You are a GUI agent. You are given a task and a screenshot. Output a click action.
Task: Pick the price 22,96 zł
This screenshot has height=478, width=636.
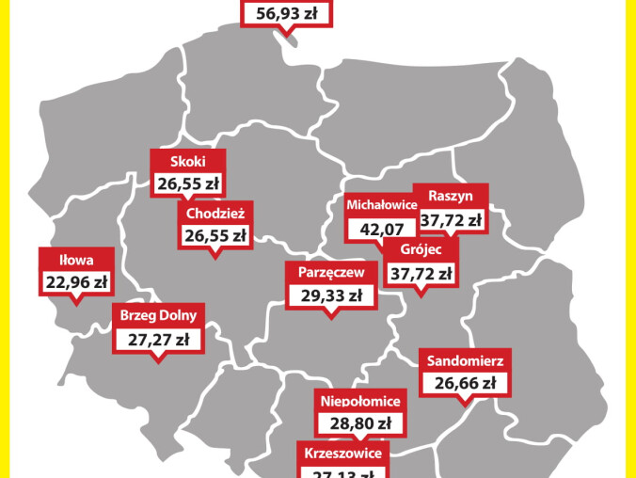click(x=76, y=280)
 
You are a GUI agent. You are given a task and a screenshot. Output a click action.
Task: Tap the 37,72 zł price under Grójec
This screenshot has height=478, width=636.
click(x=420, y=274)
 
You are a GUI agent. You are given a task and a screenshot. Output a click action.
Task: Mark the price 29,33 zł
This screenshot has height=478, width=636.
click(x=329, y=295)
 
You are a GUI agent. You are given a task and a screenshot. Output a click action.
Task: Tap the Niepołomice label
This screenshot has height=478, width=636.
click(x=360, y=402)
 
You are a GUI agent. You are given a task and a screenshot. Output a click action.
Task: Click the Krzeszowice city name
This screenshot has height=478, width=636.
click(x=343, y=454)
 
